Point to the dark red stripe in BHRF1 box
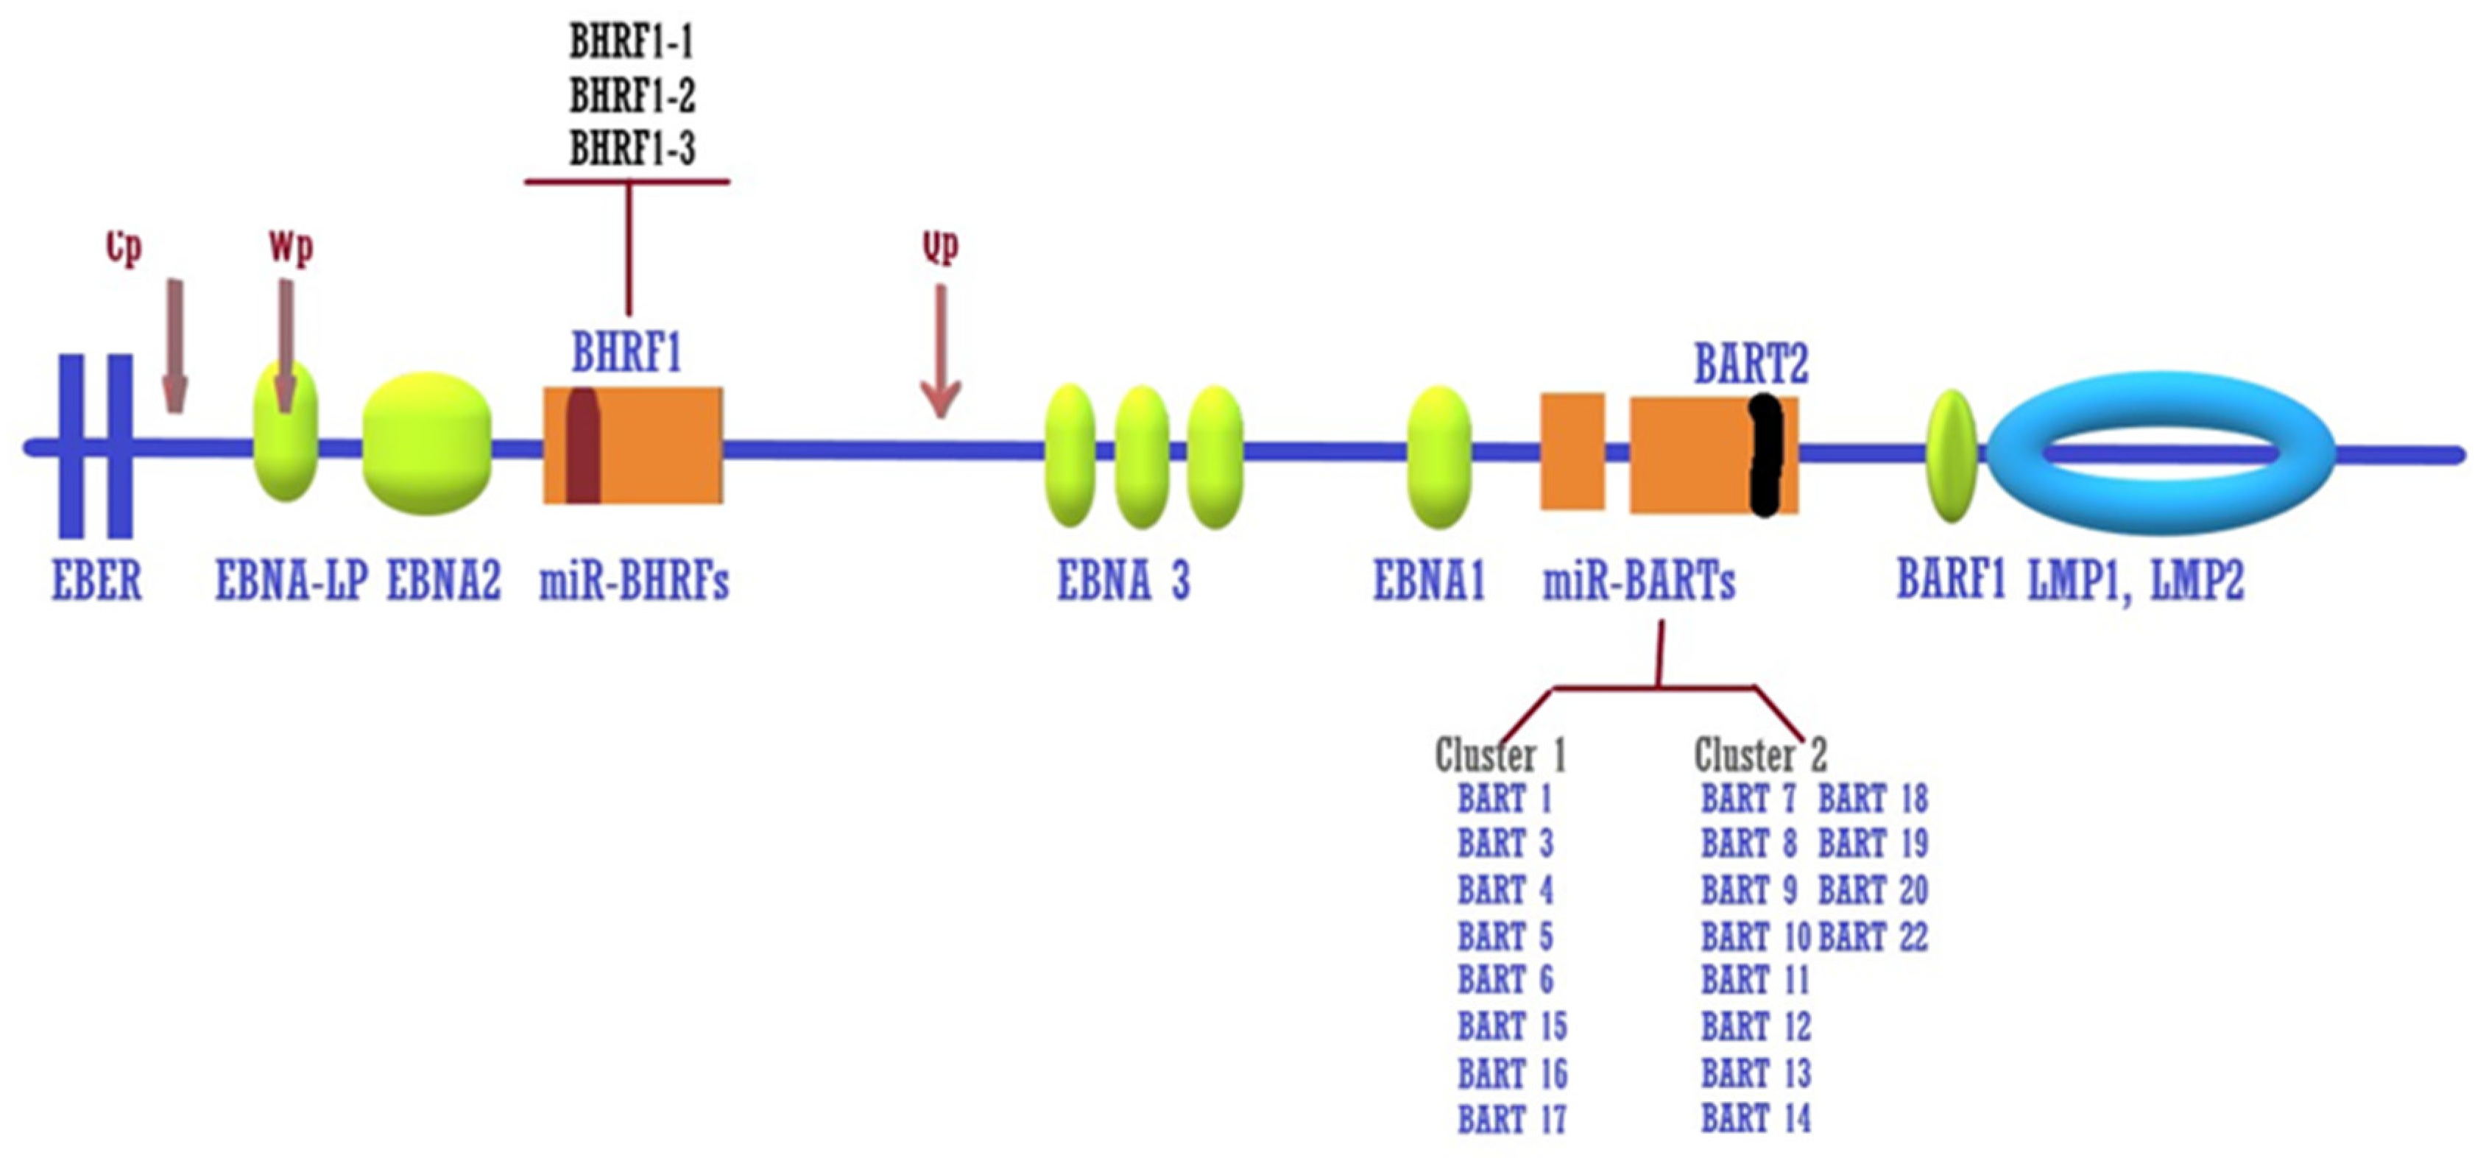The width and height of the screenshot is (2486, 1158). (x=582, y=446)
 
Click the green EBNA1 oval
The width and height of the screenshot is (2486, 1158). (x=1439, y=456)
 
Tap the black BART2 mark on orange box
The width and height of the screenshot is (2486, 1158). (x=1766, y=454)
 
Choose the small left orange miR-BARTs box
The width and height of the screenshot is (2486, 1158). (x=1572, y=451)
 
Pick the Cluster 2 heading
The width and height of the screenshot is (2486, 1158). (x=1760, y=755)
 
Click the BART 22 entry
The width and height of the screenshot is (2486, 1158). (x=1872, y=936)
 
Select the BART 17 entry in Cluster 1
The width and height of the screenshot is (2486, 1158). (x=1511, y=1120)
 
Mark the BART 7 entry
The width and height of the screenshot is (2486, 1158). (x=1748, y=799)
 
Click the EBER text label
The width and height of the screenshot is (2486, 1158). (x=96, y=582)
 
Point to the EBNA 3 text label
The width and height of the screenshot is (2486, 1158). (x=1123, y=582)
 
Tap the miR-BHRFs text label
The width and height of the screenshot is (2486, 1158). (x=633, y=582)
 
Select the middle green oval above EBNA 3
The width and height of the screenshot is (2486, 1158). (x=1142, y=456)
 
